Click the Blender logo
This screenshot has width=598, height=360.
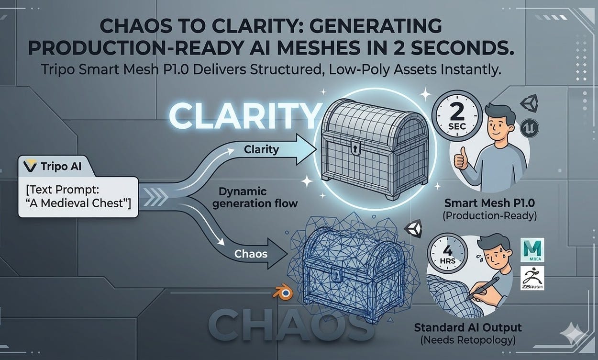280,293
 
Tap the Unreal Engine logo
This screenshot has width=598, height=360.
532,126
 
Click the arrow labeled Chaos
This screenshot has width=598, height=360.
254,253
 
